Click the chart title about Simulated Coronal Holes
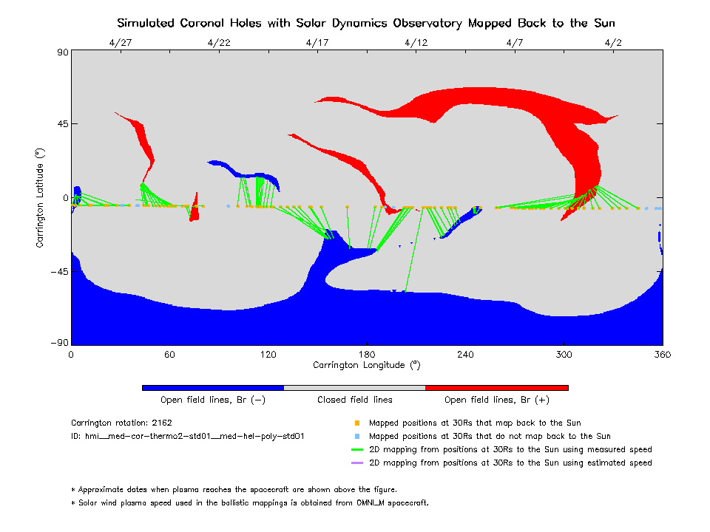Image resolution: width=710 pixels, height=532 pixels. click(366, 23)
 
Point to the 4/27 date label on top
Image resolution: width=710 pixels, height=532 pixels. click(120, 43)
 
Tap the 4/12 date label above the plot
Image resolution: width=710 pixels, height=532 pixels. click(416, 43)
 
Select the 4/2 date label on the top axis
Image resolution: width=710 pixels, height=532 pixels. click(613, 43)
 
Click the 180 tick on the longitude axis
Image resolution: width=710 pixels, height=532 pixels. click(367, 355)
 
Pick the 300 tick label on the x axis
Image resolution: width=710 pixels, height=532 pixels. click(564, 355)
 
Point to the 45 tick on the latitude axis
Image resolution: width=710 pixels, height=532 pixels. click(59, 124)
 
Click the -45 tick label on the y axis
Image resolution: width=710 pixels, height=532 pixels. click(56, 271)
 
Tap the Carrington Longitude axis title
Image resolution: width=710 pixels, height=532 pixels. click(367, 365)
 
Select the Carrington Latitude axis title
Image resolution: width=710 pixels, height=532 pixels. click(41, 197)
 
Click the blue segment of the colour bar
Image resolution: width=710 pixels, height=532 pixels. click(213, 387)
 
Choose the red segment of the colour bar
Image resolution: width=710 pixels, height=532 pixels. click(497, 387)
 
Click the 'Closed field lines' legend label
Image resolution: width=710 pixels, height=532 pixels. click(355, 400)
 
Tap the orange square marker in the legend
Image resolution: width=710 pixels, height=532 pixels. click(356, 423)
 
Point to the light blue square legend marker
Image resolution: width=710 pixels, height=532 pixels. click(356, 437)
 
